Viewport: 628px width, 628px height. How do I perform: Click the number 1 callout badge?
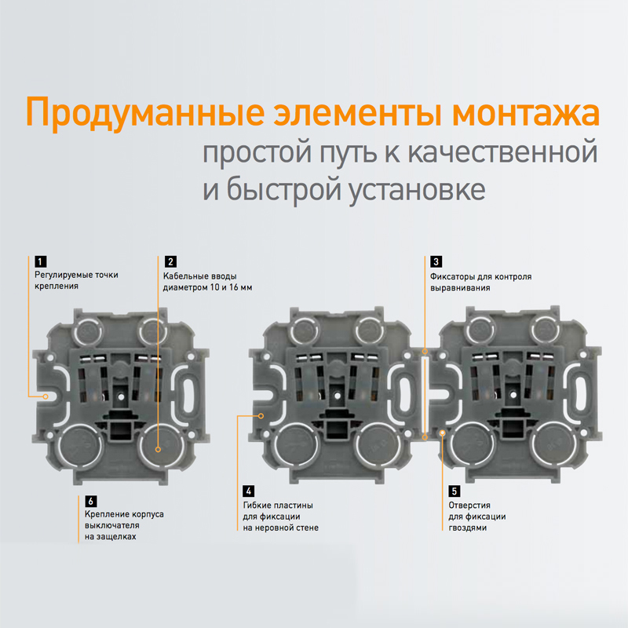coord(41,261)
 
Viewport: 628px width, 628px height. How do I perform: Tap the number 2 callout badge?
coord(170,261)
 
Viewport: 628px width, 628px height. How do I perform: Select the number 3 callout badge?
coord(436,261)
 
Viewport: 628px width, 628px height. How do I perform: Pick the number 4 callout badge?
coord(249,491)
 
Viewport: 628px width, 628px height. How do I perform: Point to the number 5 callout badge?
coord(455,491)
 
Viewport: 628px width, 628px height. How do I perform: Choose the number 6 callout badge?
coord(91,501)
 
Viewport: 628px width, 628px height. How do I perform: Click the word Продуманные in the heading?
coord(145,113)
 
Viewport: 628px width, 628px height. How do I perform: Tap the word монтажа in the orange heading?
coord(526,113)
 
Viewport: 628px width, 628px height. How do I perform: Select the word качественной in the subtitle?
coord(502,152)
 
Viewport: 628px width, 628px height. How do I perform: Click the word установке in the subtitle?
coord(417,190)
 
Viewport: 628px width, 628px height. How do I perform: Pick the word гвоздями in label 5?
coord(467,528)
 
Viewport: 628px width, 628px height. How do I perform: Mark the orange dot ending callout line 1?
coord(46,396)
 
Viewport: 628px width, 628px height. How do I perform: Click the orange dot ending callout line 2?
coord(159,449)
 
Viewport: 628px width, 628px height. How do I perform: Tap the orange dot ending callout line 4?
coord(261,416)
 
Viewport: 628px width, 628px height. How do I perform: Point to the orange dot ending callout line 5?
coord(443,433)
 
